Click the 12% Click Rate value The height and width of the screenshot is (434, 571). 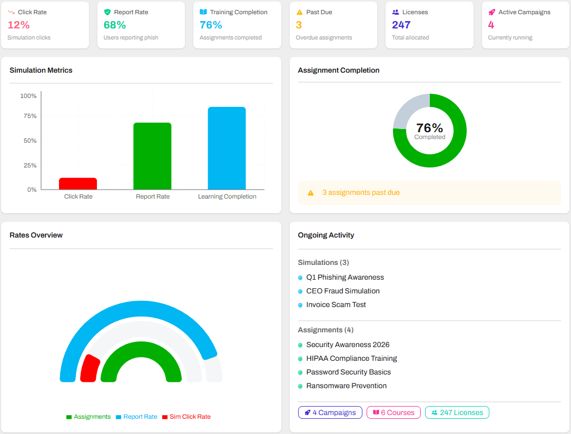coord(18,25)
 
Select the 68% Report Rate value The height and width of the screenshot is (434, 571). coord(115,25)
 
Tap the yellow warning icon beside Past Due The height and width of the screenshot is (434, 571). coord(300,12)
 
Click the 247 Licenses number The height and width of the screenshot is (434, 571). coord(401,25)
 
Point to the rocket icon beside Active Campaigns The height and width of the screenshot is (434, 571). coord(491,12)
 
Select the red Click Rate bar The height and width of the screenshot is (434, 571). coord(78,184)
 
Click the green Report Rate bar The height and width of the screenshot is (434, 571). coord(152,156)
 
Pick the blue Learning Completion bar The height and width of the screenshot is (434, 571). coord(227,149)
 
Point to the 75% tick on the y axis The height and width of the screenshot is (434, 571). coord(30,116)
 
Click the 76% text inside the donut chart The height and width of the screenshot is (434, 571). coord(429,128)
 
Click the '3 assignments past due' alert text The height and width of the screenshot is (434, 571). coord(361,193)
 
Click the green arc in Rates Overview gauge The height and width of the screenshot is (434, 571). coord(141,350)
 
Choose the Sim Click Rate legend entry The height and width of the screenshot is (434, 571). coord(190,417)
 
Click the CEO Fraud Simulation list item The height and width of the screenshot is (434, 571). coord(342,291)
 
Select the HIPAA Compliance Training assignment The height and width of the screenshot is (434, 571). coord(351,358)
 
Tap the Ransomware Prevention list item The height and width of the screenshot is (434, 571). coord(346,386)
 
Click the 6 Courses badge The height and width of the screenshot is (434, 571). coord(393,412)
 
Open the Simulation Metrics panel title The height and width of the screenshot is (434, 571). coord(41,70)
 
